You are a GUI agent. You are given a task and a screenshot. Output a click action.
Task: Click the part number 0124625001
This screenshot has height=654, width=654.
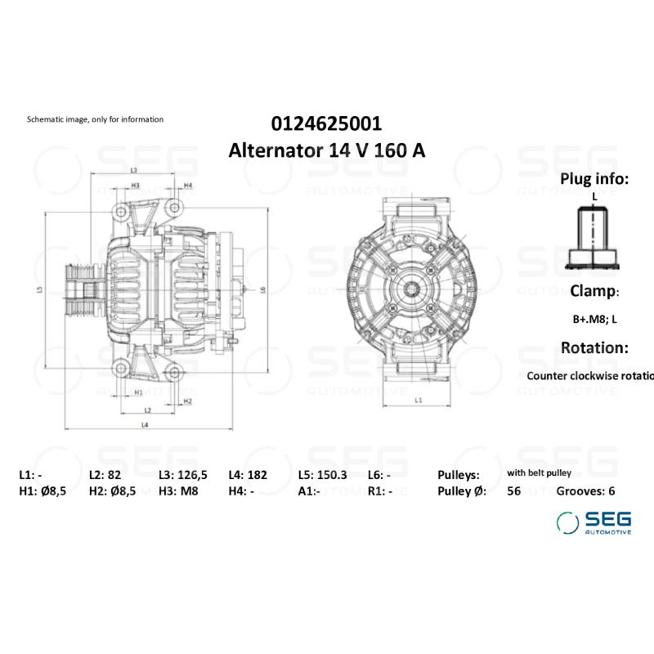(326, 124)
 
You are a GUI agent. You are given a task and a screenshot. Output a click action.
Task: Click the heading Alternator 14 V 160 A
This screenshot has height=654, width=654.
(326, 151)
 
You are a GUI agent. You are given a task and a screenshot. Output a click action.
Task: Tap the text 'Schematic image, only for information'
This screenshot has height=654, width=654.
(95, 119)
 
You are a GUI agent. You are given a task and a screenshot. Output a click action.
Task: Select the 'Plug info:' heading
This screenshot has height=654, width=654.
(594, 179)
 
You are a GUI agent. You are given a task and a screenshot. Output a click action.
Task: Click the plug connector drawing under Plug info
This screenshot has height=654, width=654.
(594, 237)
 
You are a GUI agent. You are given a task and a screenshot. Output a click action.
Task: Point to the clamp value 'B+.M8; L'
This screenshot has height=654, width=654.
(594, 320)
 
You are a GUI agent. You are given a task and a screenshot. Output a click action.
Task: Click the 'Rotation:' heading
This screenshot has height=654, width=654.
(594, 347)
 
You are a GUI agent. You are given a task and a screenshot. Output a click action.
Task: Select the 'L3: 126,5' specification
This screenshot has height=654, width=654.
(182, 475)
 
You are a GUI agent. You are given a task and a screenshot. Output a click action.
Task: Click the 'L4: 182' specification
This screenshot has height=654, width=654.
(249, 475)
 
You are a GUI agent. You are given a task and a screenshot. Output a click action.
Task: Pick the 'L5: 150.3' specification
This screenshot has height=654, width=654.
(322, 475)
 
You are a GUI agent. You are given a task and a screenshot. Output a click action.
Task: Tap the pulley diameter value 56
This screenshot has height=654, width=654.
(513, 491)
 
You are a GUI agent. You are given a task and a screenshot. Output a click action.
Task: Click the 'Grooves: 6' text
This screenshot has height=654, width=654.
(585, 491)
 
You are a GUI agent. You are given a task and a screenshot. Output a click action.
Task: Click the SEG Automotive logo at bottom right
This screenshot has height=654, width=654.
(594, 522)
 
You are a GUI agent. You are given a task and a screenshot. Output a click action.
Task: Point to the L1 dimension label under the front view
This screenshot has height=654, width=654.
(419, 400)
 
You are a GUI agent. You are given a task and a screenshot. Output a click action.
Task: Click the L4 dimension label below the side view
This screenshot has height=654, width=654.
(144, 425)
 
